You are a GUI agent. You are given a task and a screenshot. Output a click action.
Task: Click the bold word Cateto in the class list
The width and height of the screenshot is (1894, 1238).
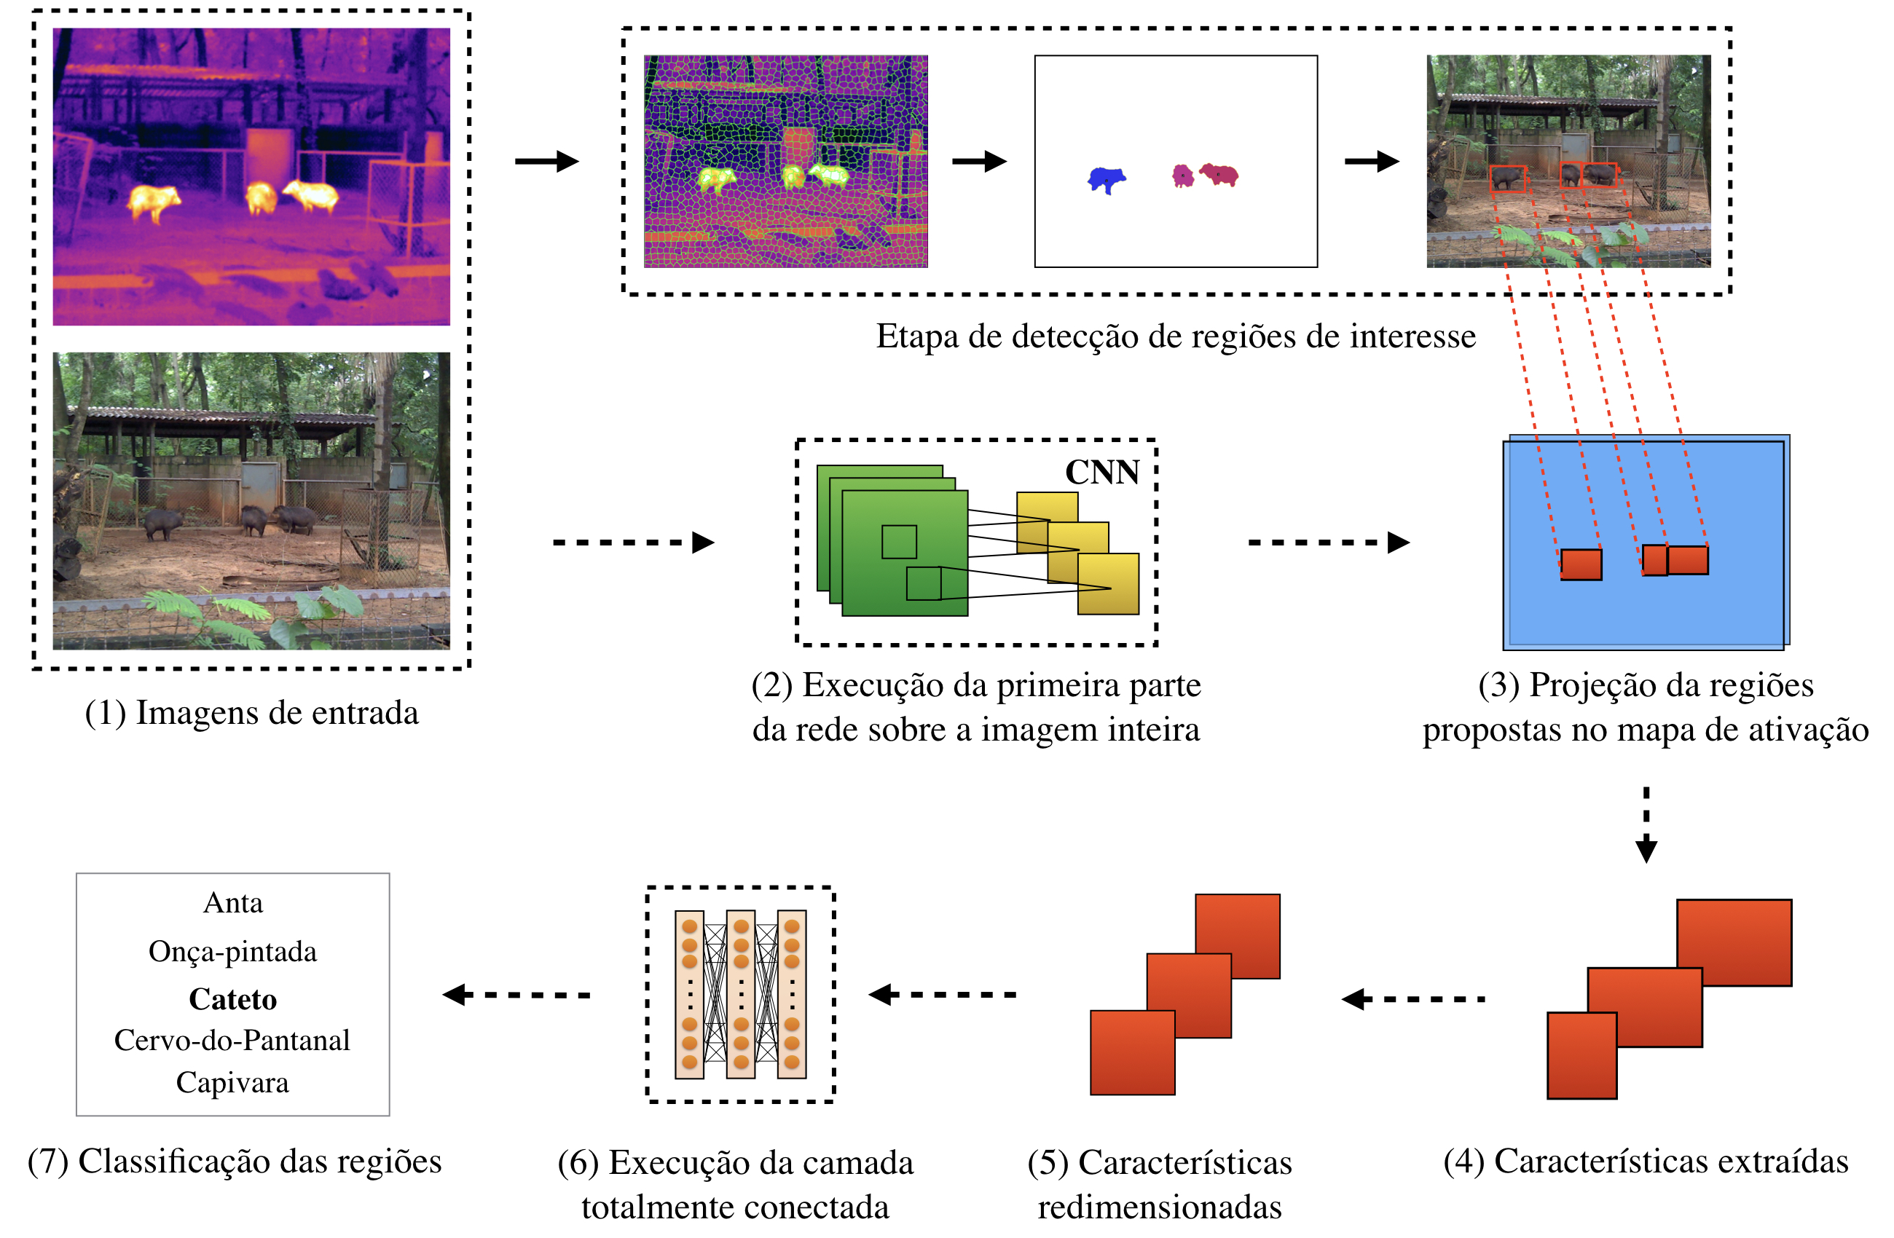(232, 999)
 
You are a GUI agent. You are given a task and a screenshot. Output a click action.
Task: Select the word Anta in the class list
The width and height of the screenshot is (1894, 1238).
(232, 903)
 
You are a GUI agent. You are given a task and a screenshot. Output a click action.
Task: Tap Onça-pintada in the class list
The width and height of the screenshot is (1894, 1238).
(232, 952)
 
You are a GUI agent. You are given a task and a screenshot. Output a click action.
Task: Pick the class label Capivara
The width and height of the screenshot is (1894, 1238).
(232, 1083)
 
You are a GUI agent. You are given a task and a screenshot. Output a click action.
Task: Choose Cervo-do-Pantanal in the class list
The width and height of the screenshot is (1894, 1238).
(232, 1041)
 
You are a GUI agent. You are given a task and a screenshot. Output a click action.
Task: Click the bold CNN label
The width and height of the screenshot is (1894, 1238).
(1102, 473)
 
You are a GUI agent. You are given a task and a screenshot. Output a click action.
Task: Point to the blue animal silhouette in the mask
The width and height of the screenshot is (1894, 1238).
(1106, 179)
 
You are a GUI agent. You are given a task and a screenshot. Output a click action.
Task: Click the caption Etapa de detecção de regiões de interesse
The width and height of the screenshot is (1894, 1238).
(1176, 336)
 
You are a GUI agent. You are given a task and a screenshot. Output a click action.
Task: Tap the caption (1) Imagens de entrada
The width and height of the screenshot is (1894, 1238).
(251, 713)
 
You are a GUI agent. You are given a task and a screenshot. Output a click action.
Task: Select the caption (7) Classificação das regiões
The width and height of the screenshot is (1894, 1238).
(235, 1162)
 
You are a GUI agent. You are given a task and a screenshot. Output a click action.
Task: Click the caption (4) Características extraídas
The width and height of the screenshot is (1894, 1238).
(1646, 1162)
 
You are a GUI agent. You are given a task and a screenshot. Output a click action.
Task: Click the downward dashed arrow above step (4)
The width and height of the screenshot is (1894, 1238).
(1646, 824)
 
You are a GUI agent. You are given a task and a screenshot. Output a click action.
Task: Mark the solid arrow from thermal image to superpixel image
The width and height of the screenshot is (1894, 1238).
(547, 162)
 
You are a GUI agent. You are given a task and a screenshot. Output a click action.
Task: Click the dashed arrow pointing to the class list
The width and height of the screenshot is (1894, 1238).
(517, 995)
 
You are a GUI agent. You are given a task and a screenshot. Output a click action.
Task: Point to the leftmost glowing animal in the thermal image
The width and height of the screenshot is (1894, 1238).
(154, 201)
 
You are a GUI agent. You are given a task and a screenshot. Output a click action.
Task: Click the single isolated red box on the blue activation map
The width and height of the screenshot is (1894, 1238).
(1581, 564)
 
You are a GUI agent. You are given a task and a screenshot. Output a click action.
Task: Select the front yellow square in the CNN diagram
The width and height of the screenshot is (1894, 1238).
(1108, 584)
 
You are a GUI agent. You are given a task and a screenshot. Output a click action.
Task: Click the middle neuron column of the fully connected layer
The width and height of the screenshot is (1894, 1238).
(741, 995)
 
